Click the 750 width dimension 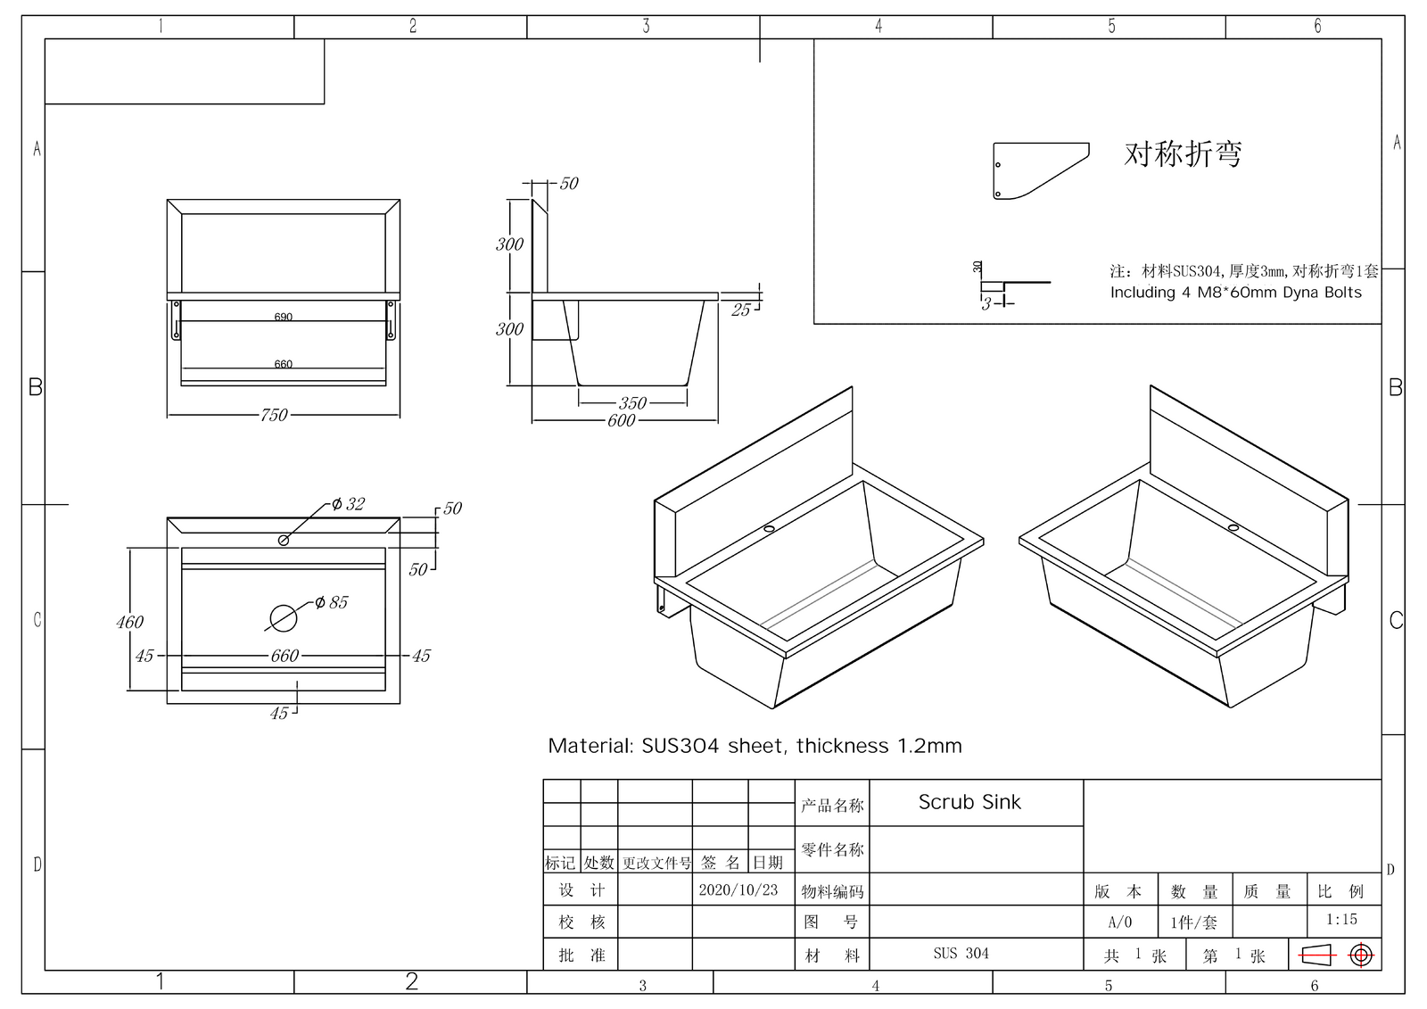pyautogui.click(x=274, y=415)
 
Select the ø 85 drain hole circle pyautogui.click(x=284, y=616)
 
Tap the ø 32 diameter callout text pyautogui.click(x=348, y=504)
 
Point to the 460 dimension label pyautogui.click(x=129, y=622)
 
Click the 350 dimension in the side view pyautogui.click(x=632, y=403)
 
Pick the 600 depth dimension pyautogui.click(x=621, y=420)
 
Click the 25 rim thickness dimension pyautogui.click(x=741, y=310)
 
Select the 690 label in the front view pyautogui.click(x=284, y=317)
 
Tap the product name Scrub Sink pyautogui.click(x=969, y=802)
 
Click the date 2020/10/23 pyautogui.click(x=738, y=890)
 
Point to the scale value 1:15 pyautogui.click(x=1341, y=919)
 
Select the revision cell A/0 pyautogui.click(x=1119, y=922)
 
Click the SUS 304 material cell pyautogui.click(x=961, y=954)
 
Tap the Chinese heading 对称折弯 pyautogui.click(x=1183, y=154)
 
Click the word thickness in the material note pyautogui.click(x=842, y=746)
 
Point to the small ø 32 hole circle pyautogui.click(x=284, y=540)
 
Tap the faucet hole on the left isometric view pyautogui.click(x=769, y=529)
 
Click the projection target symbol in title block pyautogui.click(x=1361, y=955)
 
